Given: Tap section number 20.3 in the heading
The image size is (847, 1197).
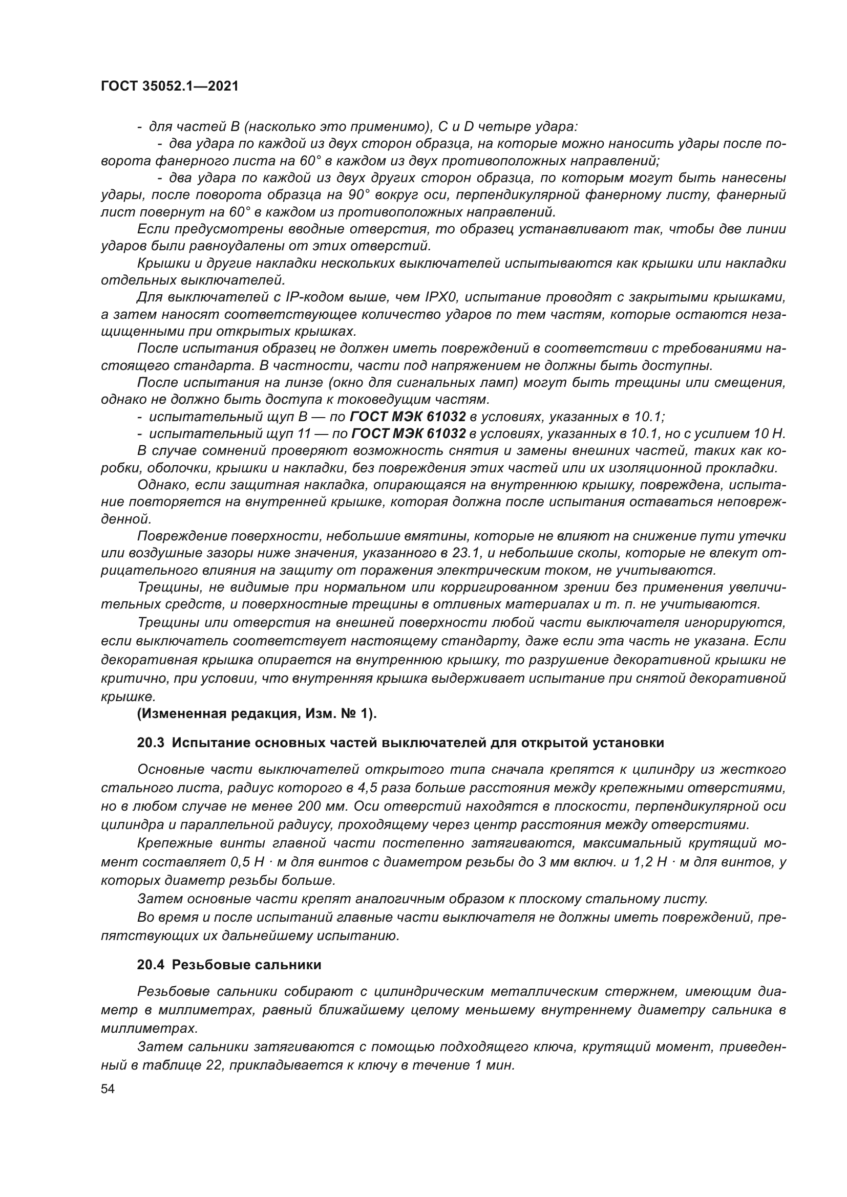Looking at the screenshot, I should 151,743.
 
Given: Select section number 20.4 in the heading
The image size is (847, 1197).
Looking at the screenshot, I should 151,965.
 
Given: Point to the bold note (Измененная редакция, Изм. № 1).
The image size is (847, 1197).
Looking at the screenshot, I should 257,714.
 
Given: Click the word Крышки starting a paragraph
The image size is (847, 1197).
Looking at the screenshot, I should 160,263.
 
